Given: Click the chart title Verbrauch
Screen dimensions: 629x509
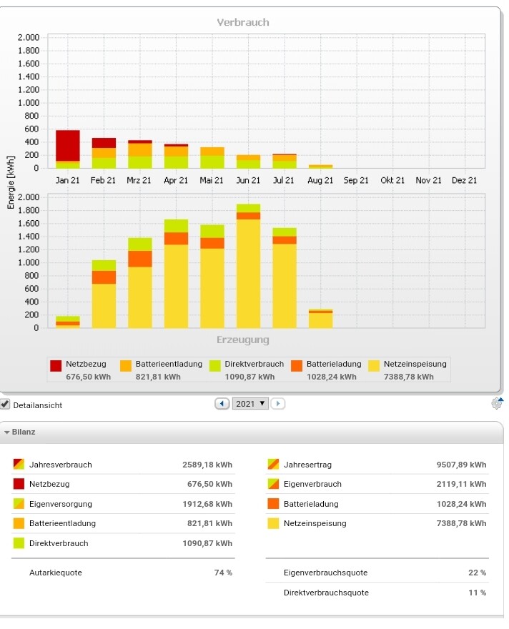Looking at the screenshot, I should [x=243, y=22].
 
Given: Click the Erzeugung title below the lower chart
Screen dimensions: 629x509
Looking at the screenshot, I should [x=243, y=340].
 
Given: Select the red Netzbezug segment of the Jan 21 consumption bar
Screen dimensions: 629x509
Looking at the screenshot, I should [x=67, y=146].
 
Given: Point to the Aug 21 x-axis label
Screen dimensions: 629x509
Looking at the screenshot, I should [x=320, y=181].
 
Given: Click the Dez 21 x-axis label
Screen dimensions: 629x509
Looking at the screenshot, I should [x=465, y=181].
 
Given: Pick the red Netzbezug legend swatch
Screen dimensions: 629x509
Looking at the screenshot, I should [x=56, y=365].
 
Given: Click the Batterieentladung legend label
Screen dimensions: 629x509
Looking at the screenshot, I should [x=169, y=364].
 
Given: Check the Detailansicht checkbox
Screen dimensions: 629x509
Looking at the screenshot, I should [x=6, y=405].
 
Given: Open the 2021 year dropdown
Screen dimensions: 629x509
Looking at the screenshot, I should [x=251, y=404].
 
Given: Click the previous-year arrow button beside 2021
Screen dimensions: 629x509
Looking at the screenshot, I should [x=222, y=404].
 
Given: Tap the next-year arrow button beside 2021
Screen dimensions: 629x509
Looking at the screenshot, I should [x=277, y=404].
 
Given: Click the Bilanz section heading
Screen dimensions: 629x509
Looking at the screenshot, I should [x=23, y=432].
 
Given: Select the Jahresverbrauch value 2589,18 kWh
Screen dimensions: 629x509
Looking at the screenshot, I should [x=207, y=465].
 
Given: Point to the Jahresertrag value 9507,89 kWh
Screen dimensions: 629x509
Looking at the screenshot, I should [x=461, y=465].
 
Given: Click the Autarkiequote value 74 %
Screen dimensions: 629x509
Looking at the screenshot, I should [x=223, y=573].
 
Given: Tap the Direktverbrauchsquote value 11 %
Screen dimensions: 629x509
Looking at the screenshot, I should [x=478, y=593].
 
